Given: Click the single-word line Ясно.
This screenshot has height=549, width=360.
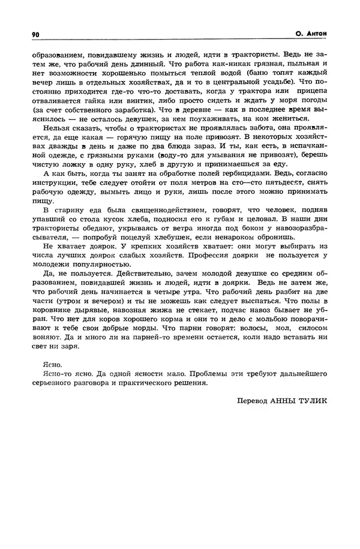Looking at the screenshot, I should pyautogui.click(x=53, y=365).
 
